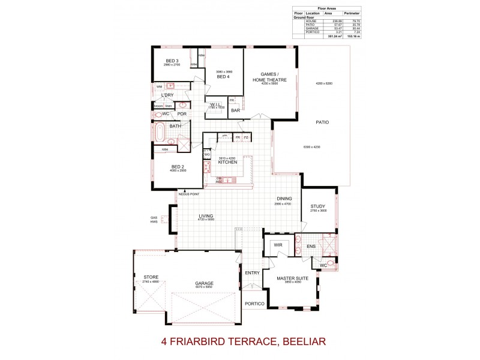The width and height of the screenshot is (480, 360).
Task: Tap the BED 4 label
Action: pos(223,77)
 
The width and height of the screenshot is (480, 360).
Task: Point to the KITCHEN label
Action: pos(227,162)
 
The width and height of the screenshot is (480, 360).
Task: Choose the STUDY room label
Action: pos(317,206)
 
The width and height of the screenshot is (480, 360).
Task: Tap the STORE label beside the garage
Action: pos(151,277)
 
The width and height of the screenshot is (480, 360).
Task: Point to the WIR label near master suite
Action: pos(278,245)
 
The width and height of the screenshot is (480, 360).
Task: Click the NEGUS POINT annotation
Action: pos(188,194)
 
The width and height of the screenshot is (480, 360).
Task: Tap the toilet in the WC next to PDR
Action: pos(157,113)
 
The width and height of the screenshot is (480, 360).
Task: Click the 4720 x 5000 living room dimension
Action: pos(206,220)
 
